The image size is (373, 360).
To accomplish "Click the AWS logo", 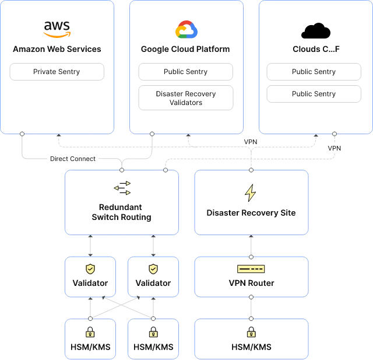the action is coord(57,29).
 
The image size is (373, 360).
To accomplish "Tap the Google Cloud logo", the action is coord(186,29).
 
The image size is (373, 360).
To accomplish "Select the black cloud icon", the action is coord(316,31).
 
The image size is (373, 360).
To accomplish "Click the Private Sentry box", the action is coord(57,72).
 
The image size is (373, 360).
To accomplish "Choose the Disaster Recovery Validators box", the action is coord(186,98).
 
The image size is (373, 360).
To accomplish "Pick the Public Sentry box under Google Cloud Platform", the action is coord(185,72).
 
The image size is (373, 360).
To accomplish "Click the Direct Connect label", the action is coord(73,159).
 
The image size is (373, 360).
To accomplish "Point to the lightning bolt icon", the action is coord(251,193).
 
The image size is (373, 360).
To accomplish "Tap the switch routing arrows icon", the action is coord(122,188).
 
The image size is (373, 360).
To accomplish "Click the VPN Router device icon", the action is coord(251,269).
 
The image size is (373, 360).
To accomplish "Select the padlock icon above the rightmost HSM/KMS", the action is coord(251,332).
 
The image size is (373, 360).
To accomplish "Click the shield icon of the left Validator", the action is coord(90,269).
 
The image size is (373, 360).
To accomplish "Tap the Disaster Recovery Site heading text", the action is coord(251,213).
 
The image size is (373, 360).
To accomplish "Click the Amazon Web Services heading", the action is coord(57,49).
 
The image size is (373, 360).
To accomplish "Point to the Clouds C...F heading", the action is coord(316,49).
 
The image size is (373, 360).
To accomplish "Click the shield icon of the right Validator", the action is coord(153,269).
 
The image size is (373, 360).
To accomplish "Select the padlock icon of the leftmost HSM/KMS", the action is coord(90,332).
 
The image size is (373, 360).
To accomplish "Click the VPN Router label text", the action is coord(251,283).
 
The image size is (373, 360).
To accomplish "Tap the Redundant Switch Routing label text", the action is coord(121,212).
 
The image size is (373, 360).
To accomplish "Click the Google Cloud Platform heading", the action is coord(185,49).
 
